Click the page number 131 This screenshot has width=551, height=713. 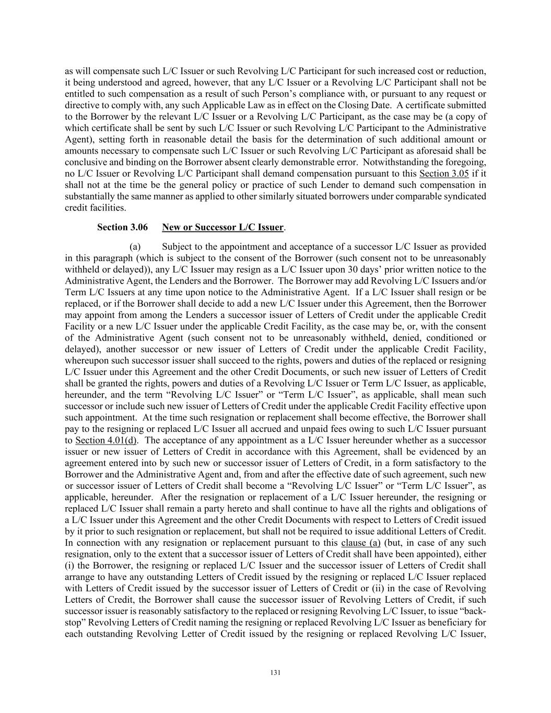pos(276,672)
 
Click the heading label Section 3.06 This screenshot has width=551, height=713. pos(122,227)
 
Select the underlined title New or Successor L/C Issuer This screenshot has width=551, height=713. pos(223,227)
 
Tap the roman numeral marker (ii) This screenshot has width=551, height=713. pos(378,588)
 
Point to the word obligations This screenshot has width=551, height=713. pos(450,508)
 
